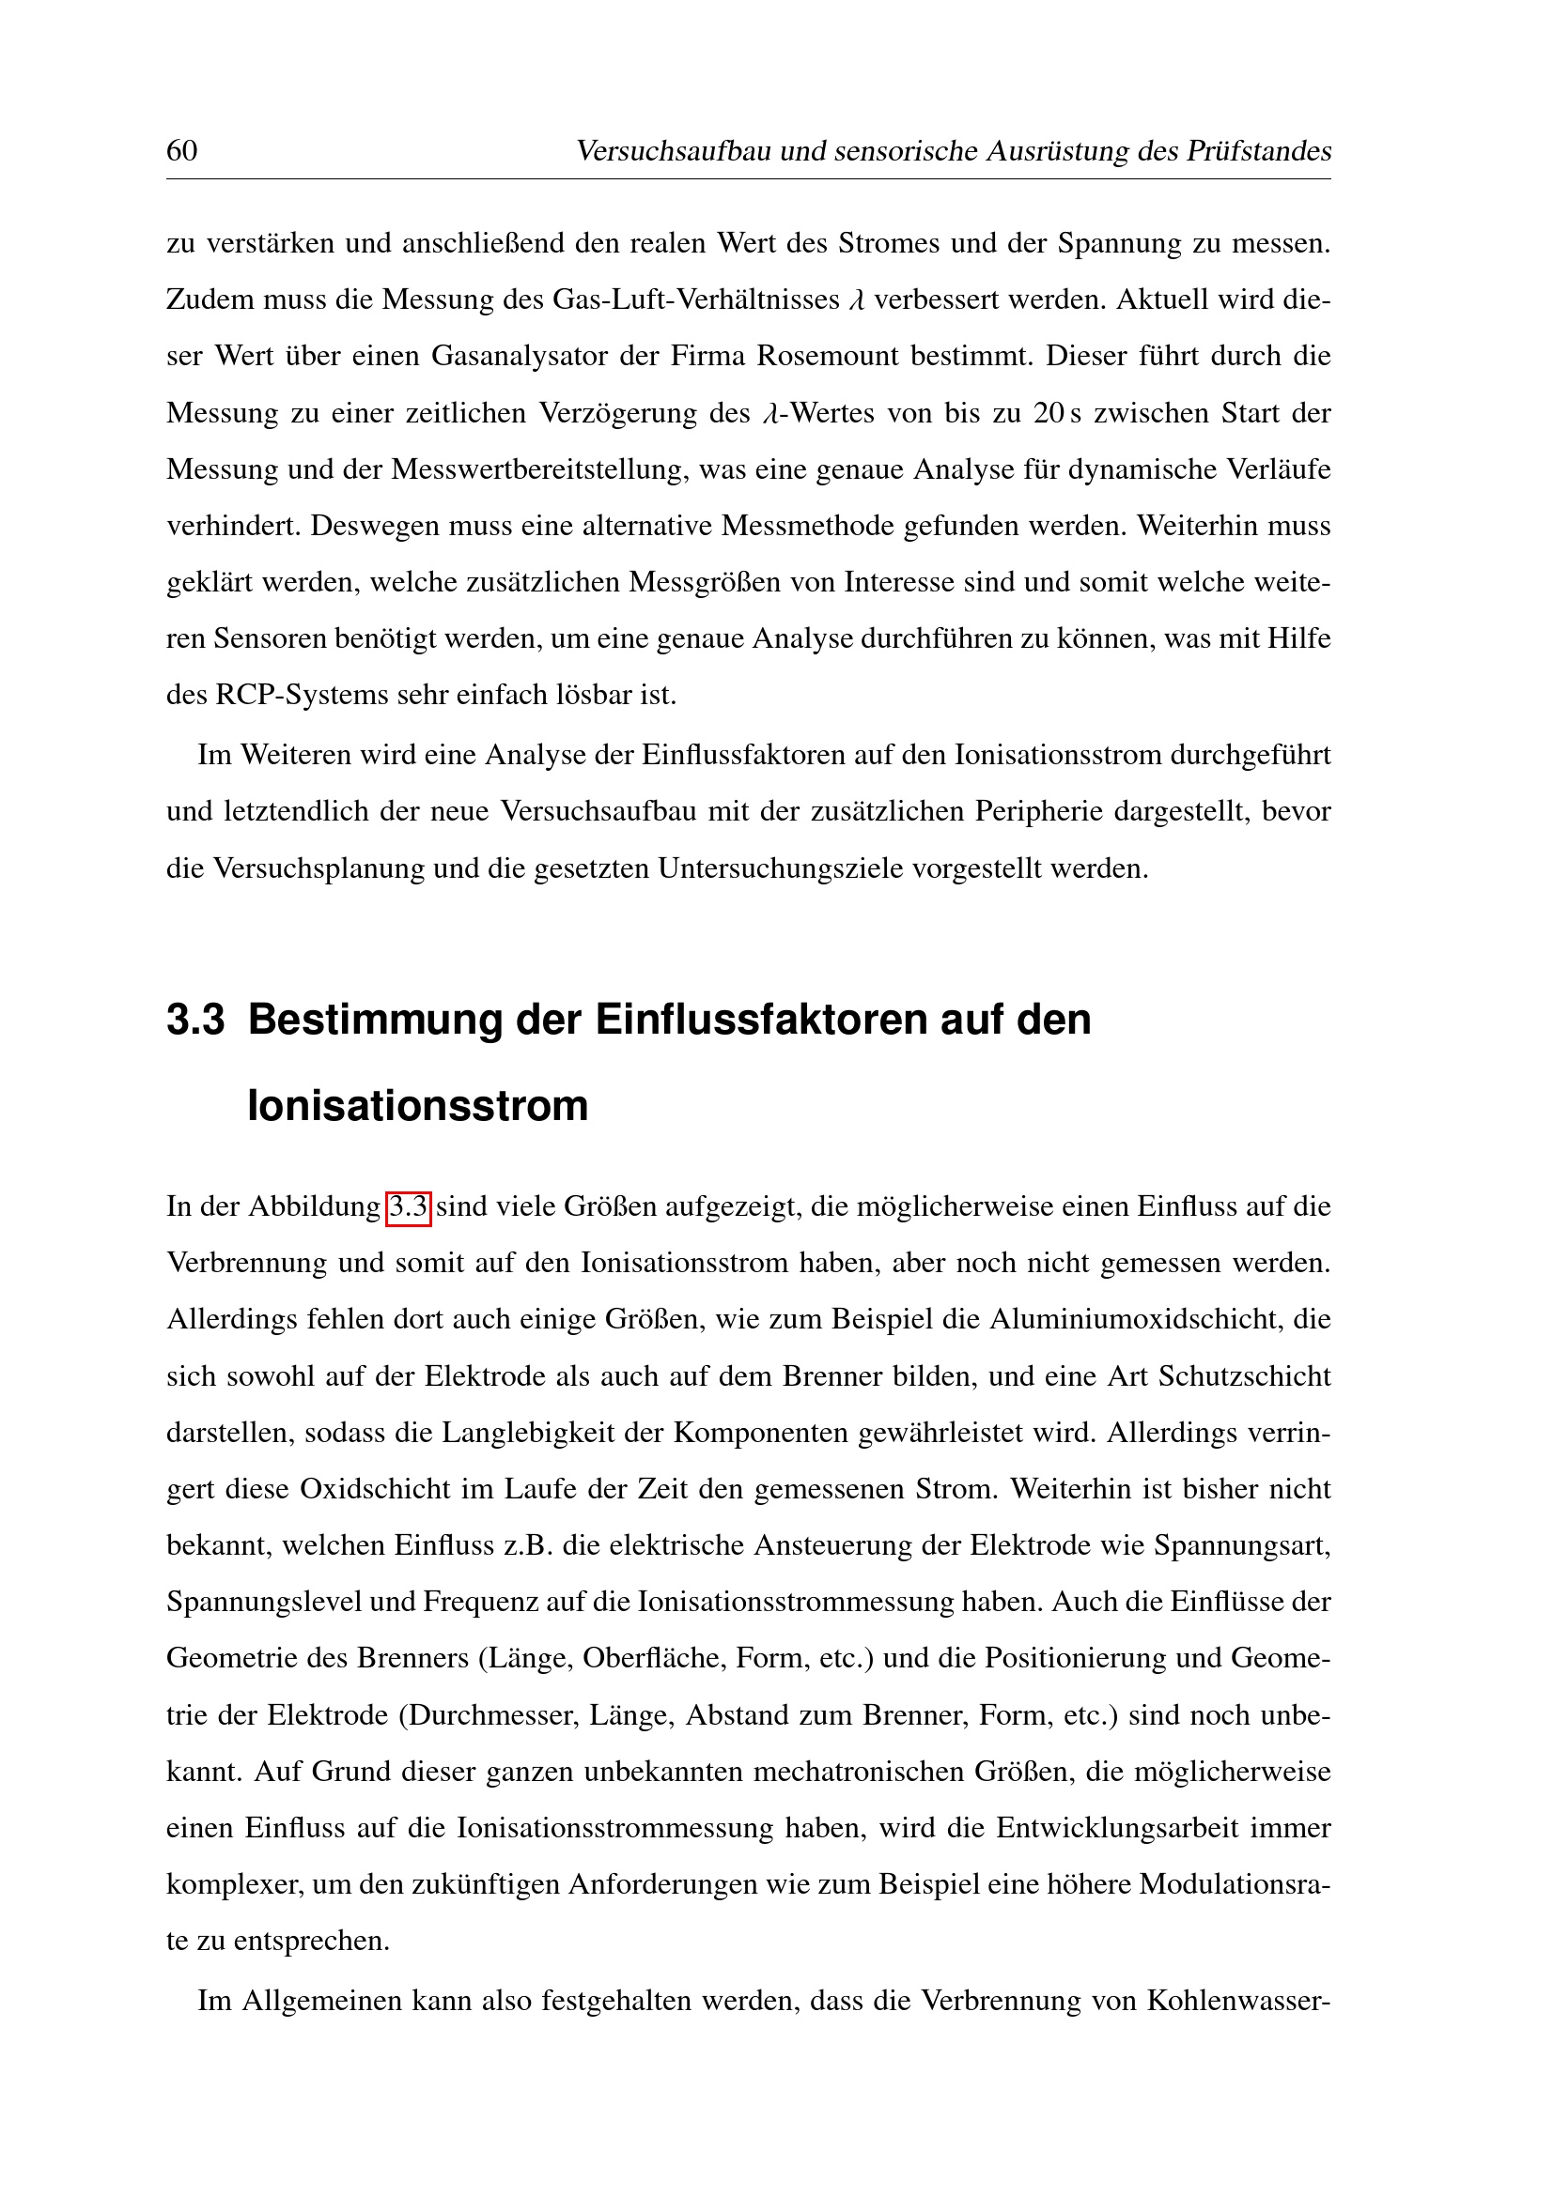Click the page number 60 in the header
tap(182, 151)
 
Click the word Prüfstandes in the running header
tap(1258, 151)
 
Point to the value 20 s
tap(1056, 413)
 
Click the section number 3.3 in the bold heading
tap(195, 1020)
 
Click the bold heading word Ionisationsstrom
tap(417, 1106)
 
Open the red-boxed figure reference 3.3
tap(409, 1207)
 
